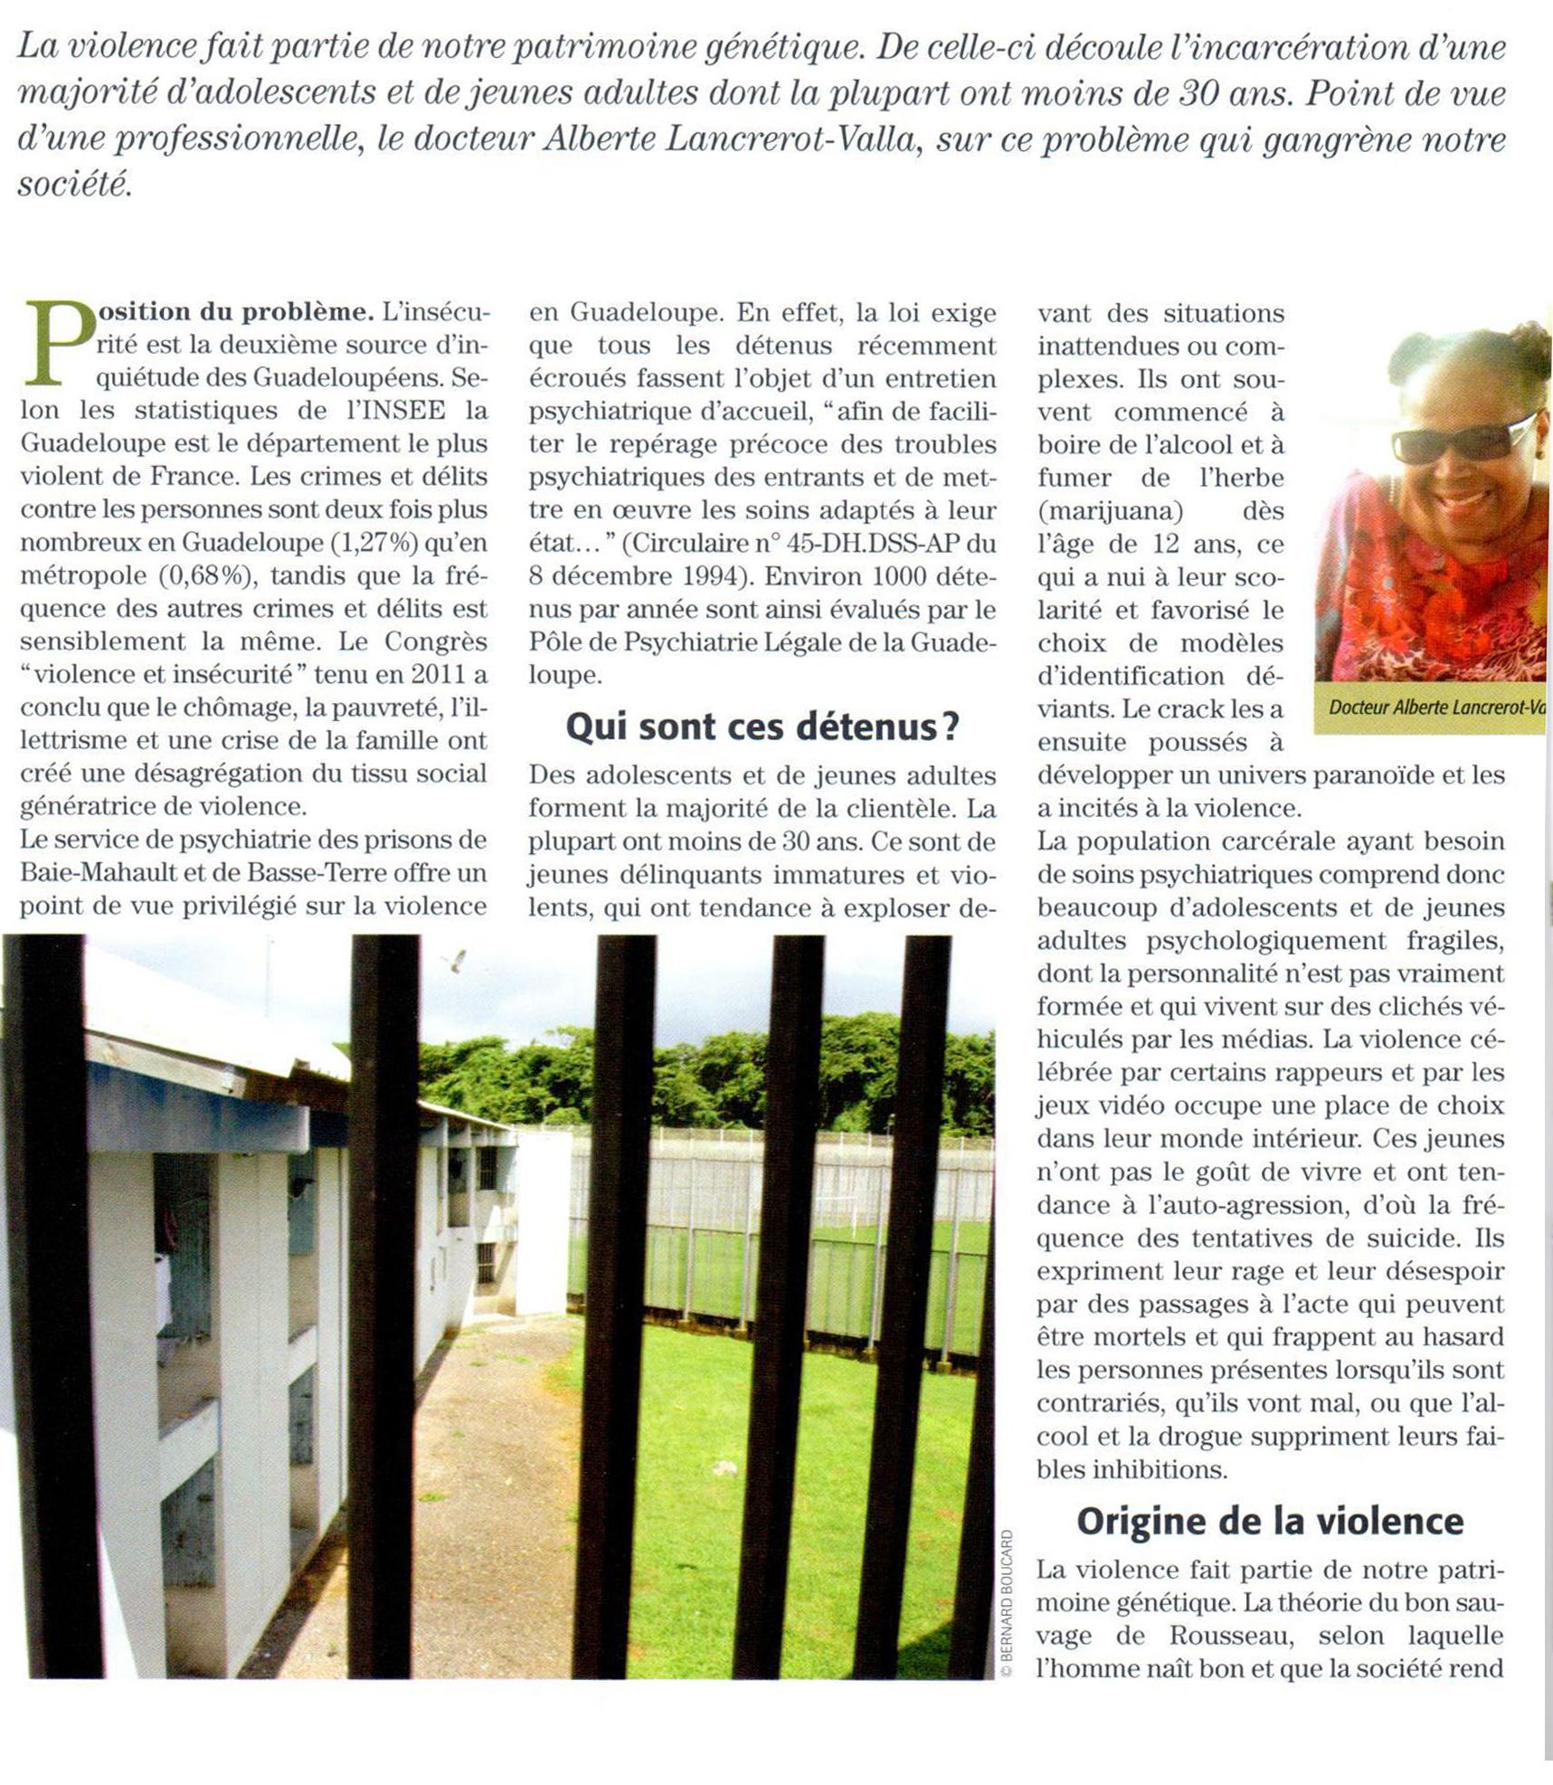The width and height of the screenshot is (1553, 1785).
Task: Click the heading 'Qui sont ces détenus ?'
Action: pyautogui.click(x=762, y=726)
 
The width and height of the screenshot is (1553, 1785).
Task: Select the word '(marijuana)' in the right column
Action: pyautogui.click(x=1111, y=511)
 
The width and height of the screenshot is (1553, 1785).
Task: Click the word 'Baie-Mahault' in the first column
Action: pyautogui.click(x=87, y=873)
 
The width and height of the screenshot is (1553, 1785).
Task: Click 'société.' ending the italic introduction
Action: pyautogui.click(x=75, y=185)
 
